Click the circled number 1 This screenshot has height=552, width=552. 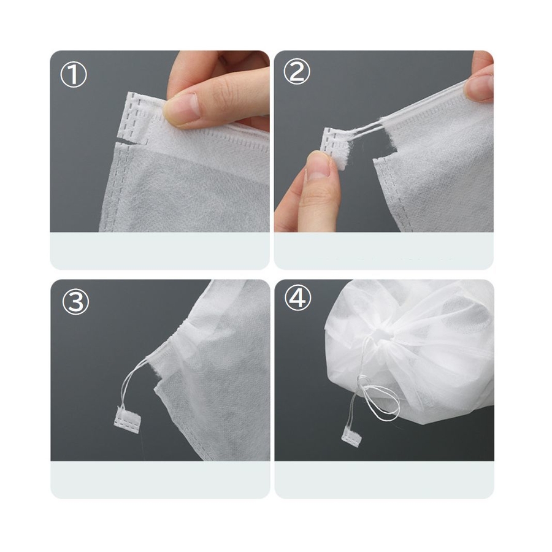pos(74,75)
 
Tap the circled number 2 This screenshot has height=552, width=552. pos(297,72)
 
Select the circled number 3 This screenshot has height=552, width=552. pos(75,301)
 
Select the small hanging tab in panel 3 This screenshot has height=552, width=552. pos(128,417)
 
